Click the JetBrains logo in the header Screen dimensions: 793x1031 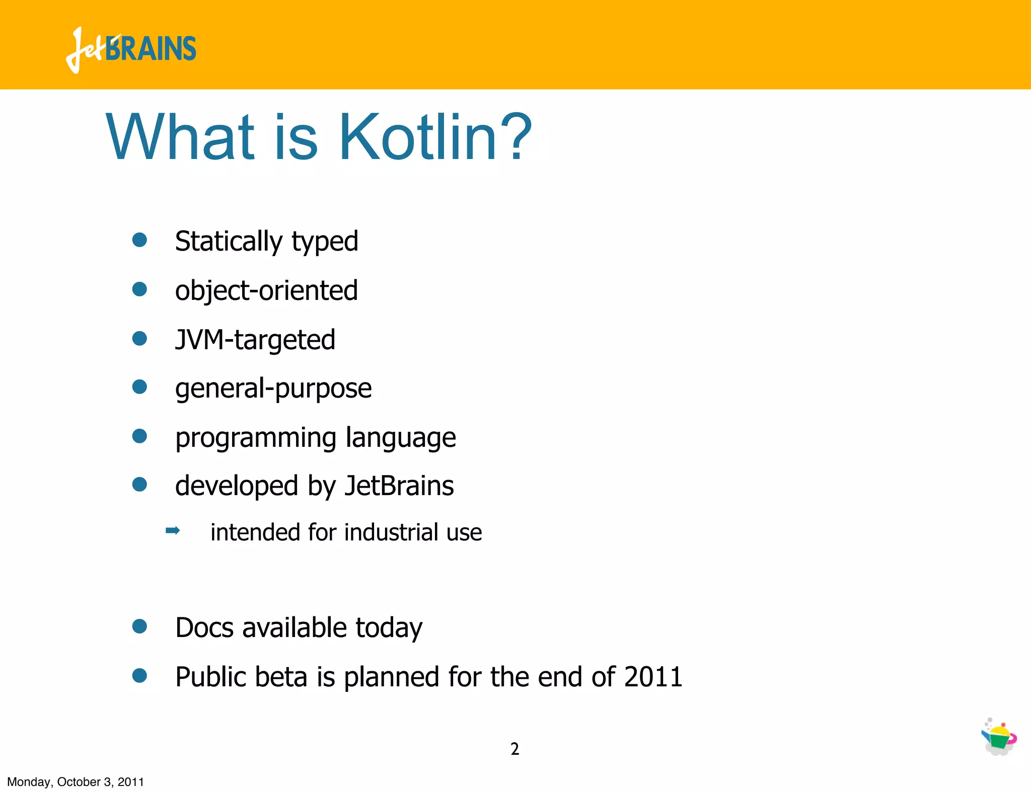tap(131, 49)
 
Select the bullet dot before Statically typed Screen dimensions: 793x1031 tap(139, 240)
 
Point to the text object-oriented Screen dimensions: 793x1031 tap(266, 291)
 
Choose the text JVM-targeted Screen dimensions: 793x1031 tap(255, 340)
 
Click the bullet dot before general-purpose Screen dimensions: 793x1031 tap(139, 387)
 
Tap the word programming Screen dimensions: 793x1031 tap(255, 438)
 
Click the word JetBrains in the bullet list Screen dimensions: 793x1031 tap(399, 486)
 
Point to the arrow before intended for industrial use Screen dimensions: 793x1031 tap(173, 531)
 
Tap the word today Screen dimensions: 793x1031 tap(389, 628)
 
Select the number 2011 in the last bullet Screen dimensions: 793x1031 tap(653, 677)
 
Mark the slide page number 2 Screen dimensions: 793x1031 tap(514, 749)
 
